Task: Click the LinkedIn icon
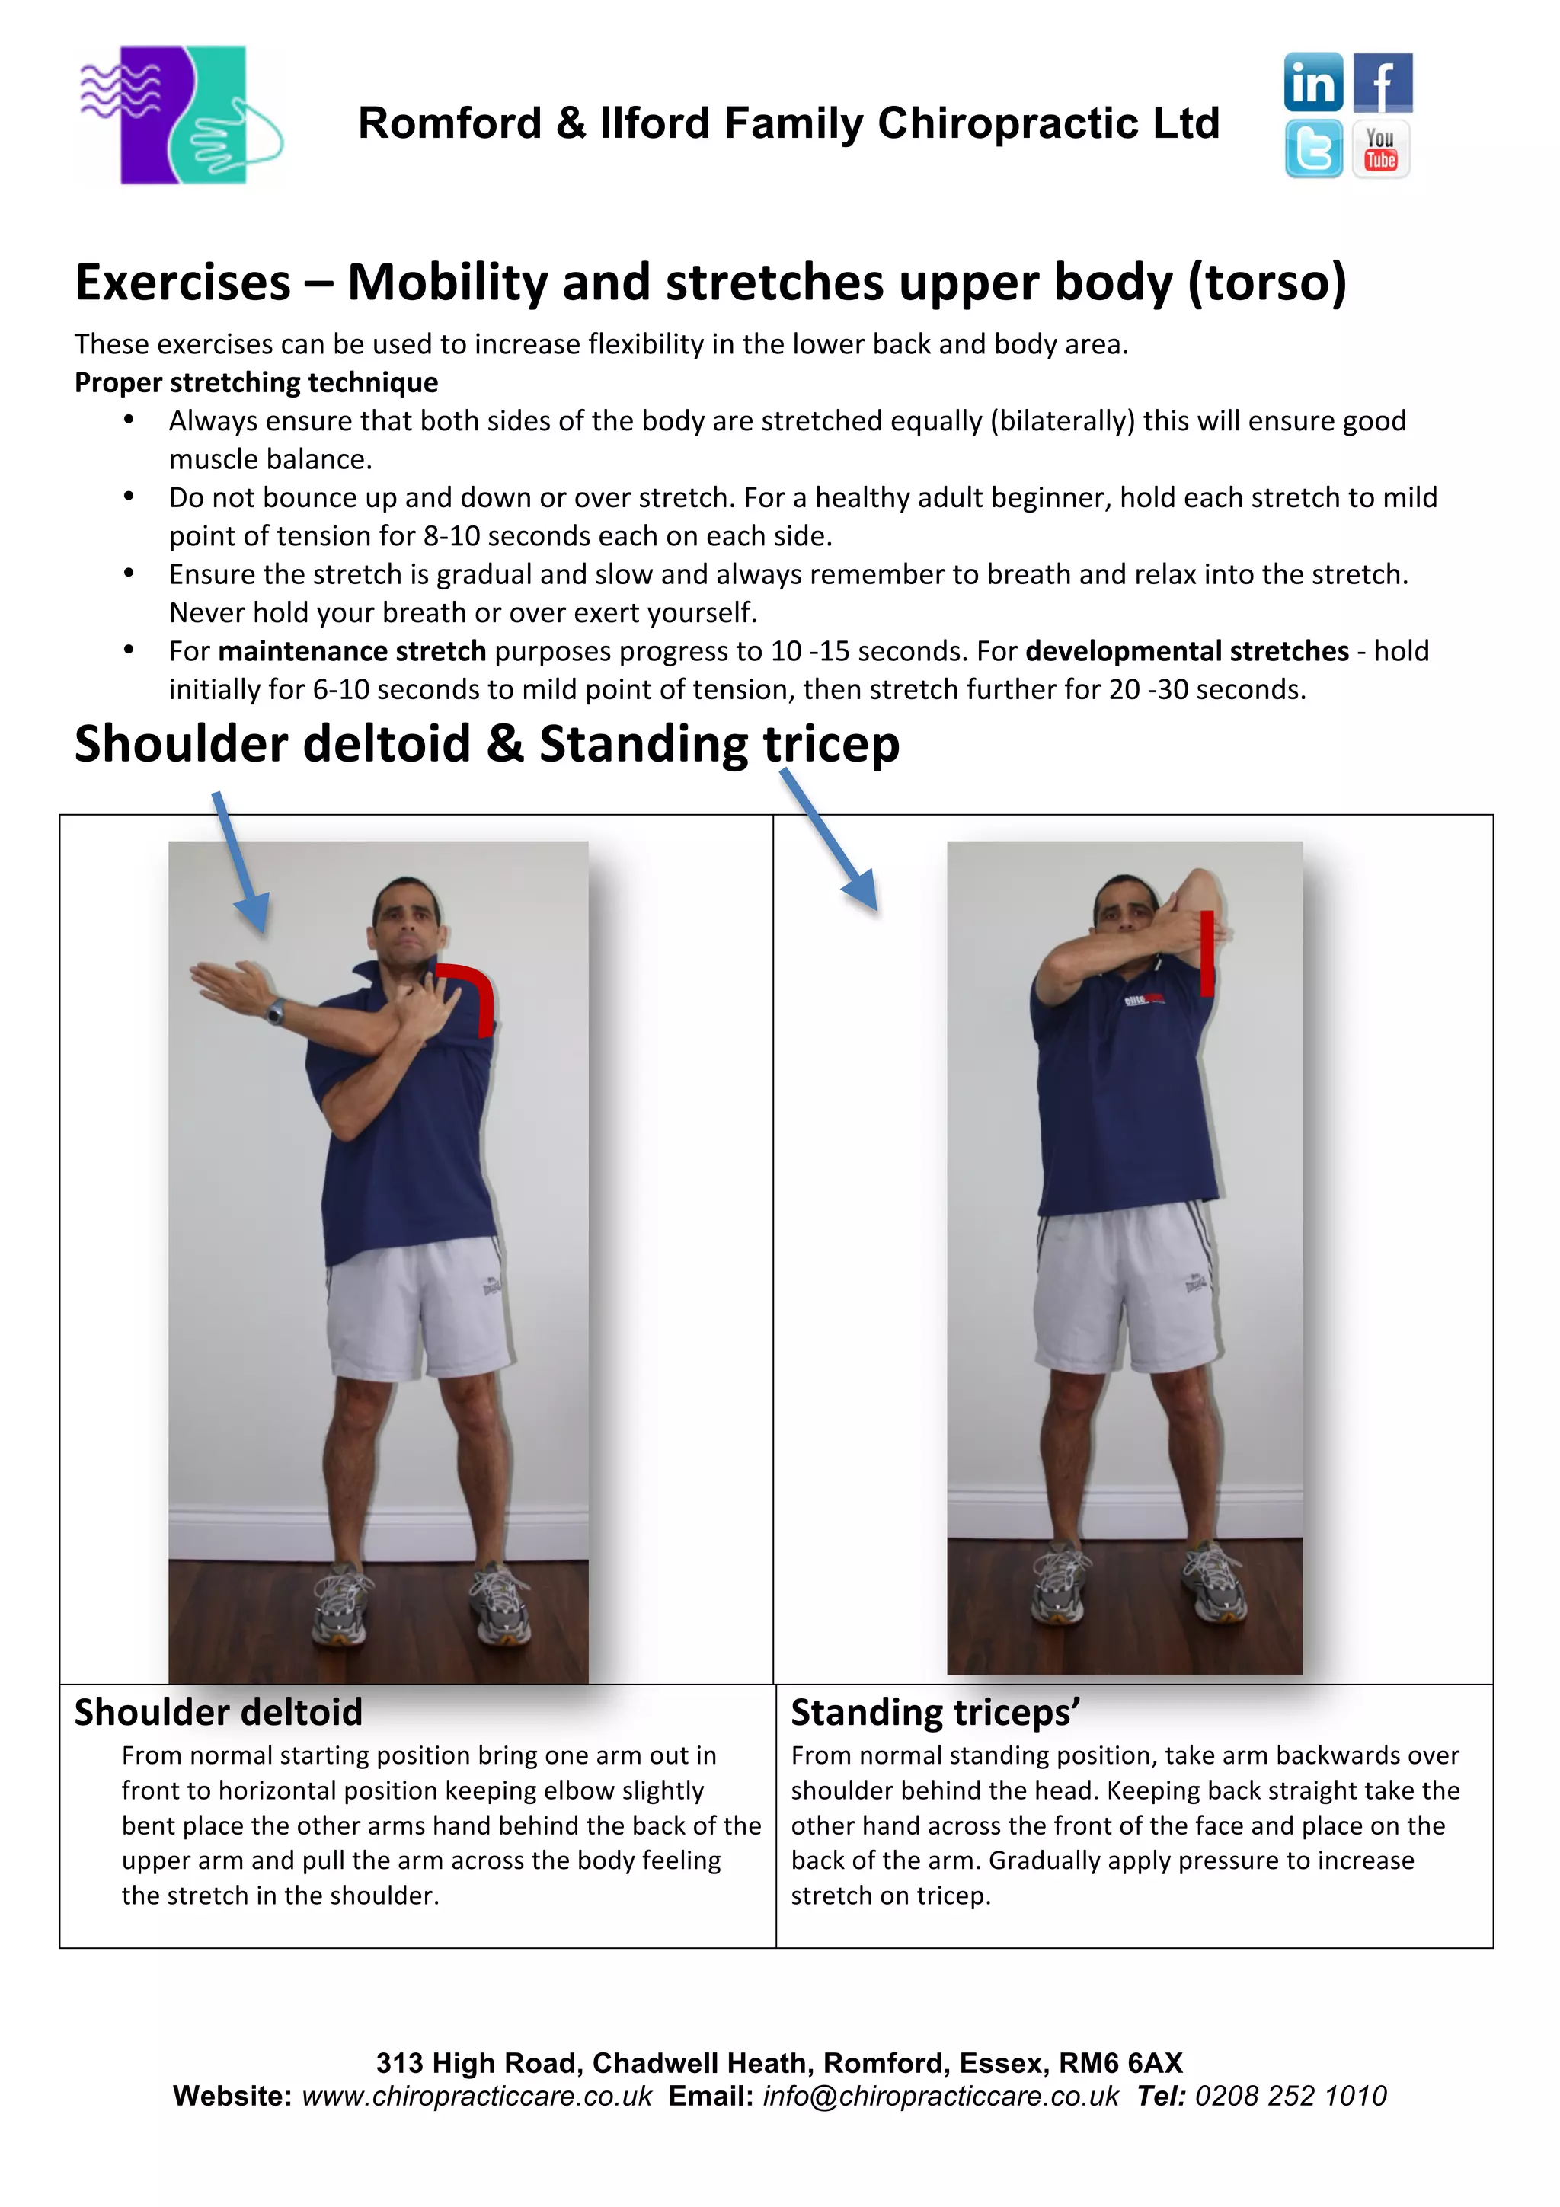pos(1313,83)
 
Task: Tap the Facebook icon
pos(1383,83)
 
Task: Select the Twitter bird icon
pos(1313,149)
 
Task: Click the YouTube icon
pos(1381,149)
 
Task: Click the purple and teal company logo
pos(181,115)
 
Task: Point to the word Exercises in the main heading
pos(183,283)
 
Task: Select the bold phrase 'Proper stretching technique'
pos(256,382)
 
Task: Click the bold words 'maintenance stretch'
pos(352,652)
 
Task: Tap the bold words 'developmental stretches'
pos(1187,652)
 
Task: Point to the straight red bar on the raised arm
pos(1207,953)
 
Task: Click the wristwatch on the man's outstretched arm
pos(276,1011)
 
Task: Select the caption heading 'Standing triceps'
pos(935,1713)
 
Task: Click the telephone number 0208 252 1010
pos(1290,2097)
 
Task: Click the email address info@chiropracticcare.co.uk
pos(940,2097)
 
